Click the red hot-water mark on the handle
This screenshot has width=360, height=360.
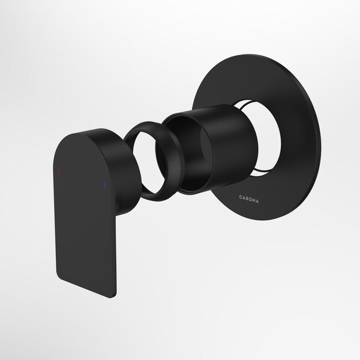click(x=58, y=172)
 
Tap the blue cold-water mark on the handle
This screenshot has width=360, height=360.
click(x=106, y=184)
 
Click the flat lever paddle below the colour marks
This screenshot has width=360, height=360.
click(x=87, y=240)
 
